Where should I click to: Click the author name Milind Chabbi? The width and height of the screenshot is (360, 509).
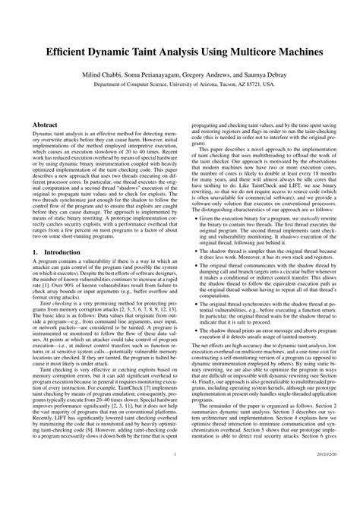pos(104,76)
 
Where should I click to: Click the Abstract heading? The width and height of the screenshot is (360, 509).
pos(48,122)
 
